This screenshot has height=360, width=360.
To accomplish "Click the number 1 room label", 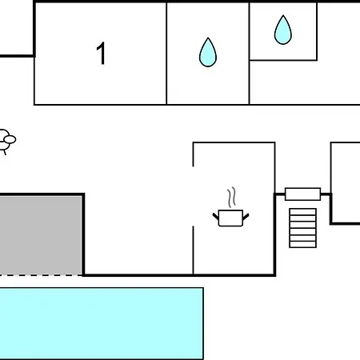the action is click(102, 54).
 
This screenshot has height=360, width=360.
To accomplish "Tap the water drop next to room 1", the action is click(208, 52).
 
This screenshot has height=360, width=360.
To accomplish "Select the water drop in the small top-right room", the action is click(283, 30).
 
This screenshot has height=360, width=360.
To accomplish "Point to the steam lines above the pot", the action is click(232, 198).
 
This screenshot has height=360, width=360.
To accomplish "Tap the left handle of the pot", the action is click(215, 216).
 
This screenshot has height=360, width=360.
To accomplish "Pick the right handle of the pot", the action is click(246, 217).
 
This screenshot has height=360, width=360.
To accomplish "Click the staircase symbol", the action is click(303, 228).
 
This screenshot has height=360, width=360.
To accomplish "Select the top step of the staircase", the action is click(303, 212).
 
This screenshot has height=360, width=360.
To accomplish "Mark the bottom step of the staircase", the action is click(303, 245).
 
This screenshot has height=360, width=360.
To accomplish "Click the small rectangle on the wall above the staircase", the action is click(302, 194).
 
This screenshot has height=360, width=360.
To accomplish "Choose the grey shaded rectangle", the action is click(41, 235).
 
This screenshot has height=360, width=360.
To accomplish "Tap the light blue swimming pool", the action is click(102, 323).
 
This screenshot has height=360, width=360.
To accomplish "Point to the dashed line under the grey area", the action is click(42, 275).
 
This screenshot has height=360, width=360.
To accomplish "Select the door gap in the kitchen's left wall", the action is click(193, 197).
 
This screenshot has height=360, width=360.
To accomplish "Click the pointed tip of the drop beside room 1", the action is click(208, 38).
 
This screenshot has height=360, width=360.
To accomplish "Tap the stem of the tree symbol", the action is click(4, 152).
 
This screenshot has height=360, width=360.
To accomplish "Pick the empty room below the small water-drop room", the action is click(305, 82).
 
